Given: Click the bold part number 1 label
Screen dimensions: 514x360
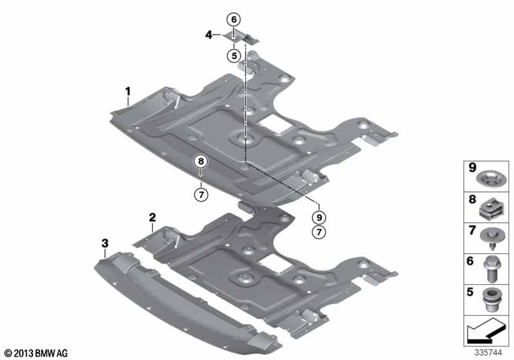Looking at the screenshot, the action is point(128,91).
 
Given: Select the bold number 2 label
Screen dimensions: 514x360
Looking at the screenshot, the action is point(152,217).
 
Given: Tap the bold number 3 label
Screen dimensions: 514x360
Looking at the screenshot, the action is point(105,243).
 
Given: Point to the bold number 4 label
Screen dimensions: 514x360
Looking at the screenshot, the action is point(209,35).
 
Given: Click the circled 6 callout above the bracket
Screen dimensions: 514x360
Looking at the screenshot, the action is point(234,20).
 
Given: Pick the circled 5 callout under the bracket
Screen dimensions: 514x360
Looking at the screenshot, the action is point(234,56).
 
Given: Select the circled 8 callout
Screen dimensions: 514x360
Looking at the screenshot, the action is point(201,161).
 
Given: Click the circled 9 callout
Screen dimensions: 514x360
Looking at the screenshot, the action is point(319,217).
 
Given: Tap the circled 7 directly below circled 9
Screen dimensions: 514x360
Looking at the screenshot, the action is point(319,232).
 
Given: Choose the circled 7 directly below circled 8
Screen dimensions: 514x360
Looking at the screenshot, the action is point(201,195).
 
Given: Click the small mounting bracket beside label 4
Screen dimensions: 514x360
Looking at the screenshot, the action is point(241,38).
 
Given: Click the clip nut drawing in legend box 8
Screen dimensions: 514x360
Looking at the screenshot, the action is point(490,210).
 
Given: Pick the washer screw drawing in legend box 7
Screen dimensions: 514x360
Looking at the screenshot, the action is point(490,239).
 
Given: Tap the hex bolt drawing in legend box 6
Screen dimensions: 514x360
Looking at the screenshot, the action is point(490,269).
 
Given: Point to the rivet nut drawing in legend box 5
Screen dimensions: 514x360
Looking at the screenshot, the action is point(490,300).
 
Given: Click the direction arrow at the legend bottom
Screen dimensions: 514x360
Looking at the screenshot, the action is point(486,330).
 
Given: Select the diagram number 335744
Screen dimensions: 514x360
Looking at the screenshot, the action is point(488,353).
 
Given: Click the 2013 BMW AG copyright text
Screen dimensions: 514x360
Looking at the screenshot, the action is point(37,353).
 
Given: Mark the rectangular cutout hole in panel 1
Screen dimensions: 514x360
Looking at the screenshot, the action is point(274,123).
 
